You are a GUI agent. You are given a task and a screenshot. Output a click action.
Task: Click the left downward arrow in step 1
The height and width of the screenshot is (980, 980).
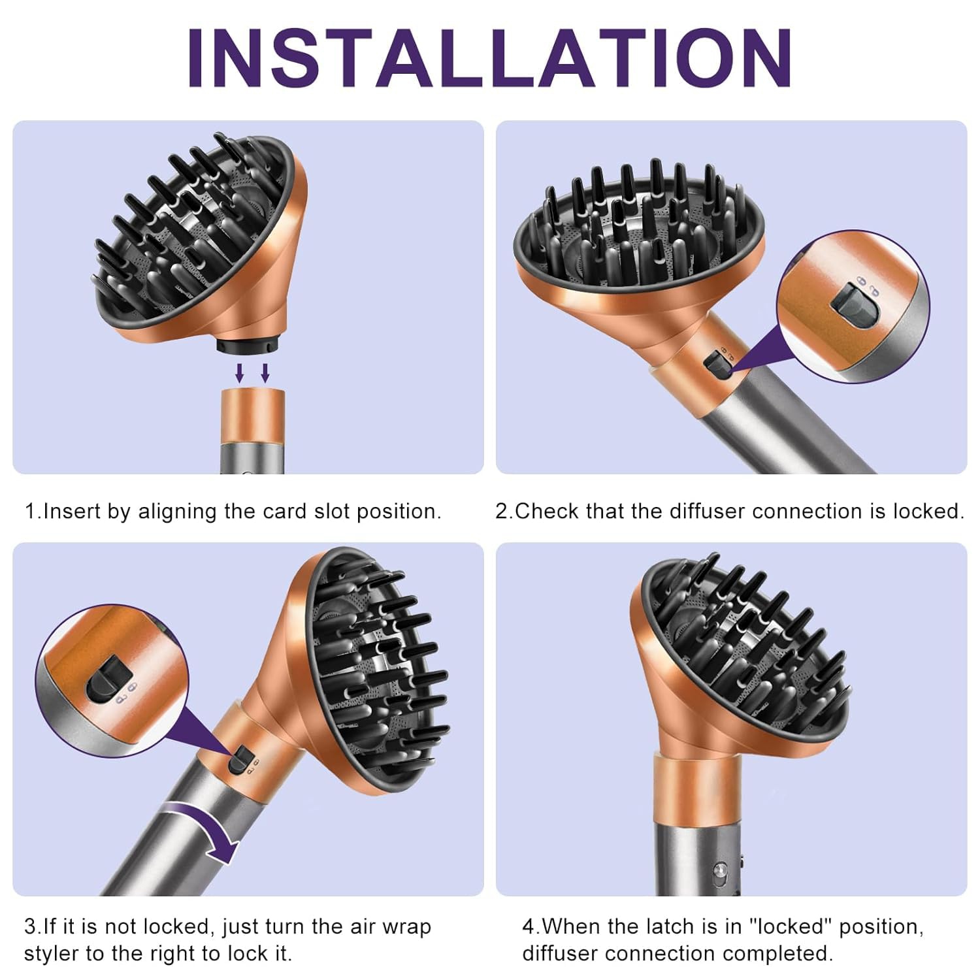pos(240,373)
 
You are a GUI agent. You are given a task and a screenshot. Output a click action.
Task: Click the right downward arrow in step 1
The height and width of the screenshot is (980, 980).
pos(265,373)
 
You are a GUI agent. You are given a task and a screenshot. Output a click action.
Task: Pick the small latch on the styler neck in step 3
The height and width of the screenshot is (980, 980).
pos(240,759)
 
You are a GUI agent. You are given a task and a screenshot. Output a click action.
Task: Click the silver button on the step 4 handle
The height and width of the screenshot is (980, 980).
pos(719,870)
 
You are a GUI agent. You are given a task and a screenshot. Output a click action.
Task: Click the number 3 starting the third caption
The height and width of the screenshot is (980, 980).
pos(30,926)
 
